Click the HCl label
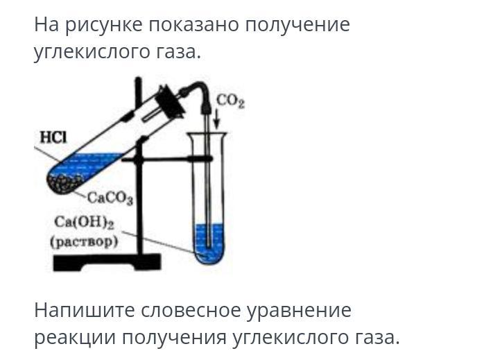tap(51, 137)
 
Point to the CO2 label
tap(231, 101)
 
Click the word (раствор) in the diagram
tap(84, 241)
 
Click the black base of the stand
tap(107, 262)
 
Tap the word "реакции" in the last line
tap(75, 338)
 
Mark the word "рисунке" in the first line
tap(103, 25)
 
